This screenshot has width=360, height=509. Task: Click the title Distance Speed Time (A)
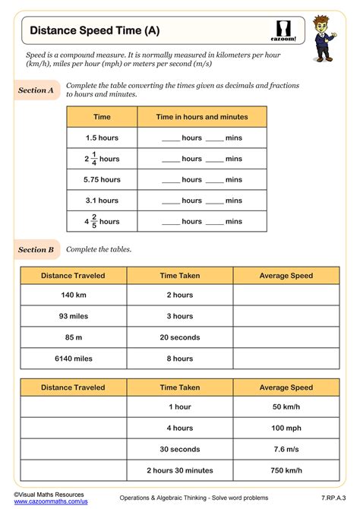point(95,31)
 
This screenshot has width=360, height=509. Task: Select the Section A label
point(36,90)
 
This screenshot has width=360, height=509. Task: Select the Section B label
point(36,249)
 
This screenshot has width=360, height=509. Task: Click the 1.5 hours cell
point(102,138)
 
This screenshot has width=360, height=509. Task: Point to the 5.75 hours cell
point(102,179)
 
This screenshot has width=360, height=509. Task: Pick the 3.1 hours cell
point(102,201)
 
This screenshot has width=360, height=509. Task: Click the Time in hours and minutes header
point(202,117)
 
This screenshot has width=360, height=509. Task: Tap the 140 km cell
point(73,295)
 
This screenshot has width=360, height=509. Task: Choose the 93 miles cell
point(73,316)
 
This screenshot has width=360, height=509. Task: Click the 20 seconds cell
point(180,337)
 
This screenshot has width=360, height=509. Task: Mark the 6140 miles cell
point(73,359)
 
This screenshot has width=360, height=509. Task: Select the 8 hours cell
point(180,359)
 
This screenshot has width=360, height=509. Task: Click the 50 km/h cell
point(286,406)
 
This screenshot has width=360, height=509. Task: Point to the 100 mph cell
point(286,428)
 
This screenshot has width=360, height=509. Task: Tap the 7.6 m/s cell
point(286,449)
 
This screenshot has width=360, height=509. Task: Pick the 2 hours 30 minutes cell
point(180,470)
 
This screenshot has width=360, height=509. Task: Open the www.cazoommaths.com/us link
point(51,501)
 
